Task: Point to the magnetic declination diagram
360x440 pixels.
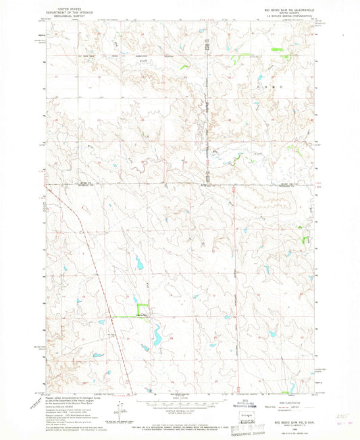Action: pyautogui.click(x=121, y=406)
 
